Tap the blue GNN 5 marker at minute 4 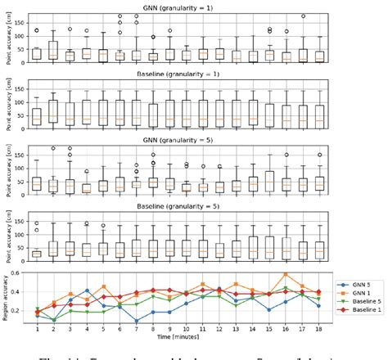(x=87, y=290)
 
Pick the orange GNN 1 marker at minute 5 (x=103, y=286)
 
